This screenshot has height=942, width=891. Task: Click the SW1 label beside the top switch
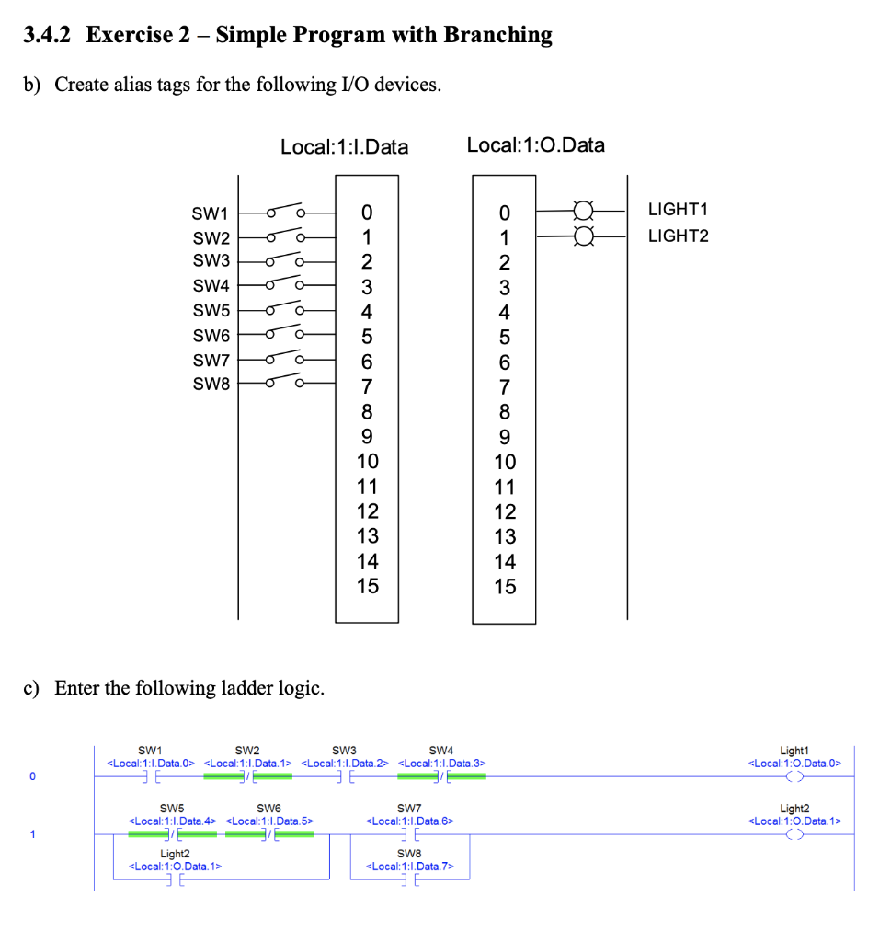210,213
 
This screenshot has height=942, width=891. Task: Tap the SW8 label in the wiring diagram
211,384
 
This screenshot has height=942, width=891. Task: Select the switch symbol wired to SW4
285,285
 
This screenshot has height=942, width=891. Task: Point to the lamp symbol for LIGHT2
582,236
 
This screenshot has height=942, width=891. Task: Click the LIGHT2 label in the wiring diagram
678,236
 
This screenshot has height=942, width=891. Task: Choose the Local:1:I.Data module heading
344,146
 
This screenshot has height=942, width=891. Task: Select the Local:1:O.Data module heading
536,144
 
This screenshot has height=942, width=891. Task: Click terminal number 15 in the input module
367,586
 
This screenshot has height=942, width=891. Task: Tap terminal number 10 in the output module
505,462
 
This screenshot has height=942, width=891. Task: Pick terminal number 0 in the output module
504,213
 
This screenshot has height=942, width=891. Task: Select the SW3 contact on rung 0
345,777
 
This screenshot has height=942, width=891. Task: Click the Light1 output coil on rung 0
794,777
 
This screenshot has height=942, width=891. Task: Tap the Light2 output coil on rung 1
794,834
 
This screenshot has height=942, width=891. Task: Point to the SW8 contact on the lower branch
409,879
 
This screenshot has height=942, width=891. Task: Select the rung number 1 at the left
32,834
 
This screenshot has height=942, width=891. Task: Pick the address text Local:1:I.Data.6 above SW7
409,821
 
